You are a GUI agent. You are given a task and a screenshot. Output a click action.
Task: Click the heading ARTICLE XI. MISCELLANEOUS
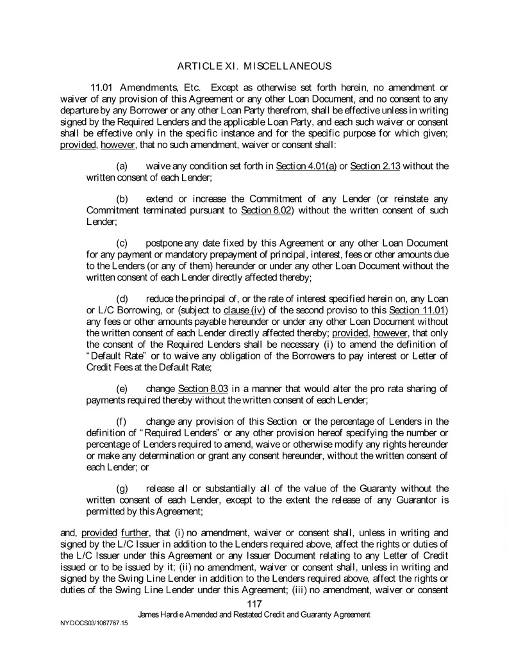coord(254,65)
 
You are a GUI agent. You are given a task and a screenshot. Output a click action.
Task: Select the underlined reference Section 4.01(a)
coord(306,167)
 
